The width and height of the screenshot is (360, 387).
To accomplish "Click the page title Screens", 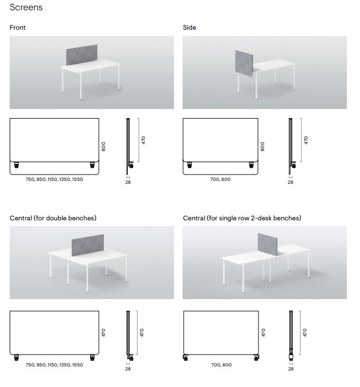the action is coord(26,7).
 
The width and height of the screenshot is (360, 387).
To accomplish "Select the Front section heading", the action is coord(18,27).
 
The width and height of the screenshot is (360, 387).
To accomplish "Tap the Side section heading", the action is coord(189,27).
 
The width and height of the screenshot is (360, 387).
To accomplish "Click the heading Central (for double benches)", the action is coord(53,218).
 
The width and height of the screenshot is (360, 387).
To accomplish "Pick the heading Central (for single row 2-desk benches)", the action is coord(242,218).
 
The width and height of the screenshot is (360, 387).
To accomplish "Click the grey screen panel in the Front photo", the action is coord(82,55).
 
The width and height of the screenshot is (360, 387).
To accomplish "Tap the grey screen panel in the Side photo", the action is coord(244,63).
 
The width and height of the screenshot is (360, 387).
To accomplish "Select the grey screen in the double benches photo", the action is coord(88,245).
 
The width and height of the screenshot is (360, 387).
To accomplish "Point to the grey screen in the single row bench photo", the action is coord(268,244).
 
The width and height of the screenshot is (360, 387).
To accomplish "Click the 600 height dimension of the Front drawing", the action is coord(103,146).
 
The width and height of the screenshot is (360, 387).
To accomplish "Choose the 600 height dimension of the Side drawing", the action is coord(262,146).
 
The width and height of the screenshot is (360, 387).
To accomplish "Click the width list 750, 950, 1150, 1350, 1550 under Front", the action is coord(54,179).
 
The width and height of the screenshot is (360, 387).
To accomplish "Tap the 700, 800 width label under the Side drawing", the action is coord(220,179).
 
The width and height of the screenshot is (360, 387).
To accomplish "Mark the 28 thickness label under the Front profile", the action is coord(128,182).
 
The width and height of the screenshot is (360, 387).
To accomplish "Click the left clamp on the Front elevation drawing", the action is coord(17,165).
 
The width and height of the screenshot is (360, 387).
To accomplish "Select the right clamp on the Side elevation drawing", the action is coord(251,165).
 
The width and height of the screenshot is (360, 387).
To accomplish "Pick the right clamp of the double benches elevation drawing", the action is coord(92,357).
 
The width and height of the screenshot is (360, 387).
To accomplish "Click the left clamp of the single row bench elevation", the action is coord(185,357).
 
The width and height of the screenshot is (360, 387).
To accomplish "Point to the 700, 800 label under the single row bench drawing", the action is coord(221,365).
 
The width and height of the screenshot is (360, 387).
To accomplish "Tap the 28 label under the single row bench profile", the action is coord(291,369).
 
